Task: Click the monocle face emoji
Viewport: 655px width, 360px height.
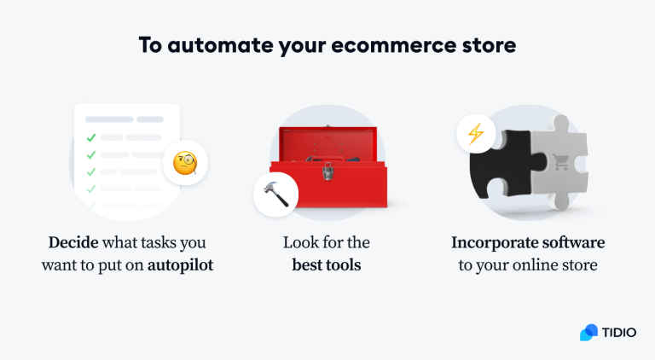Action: click(185, 164)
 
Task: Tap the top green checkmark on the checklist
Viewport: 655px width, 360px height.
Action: click(90, 136)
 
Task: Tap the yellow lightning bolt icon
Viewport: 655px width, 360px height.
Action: click(474, 135)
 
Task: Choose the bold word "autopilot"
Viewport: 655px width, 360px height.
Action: click(180, 264)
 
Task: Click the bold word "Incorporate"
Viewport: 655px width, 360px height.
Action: click(490, 243)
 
